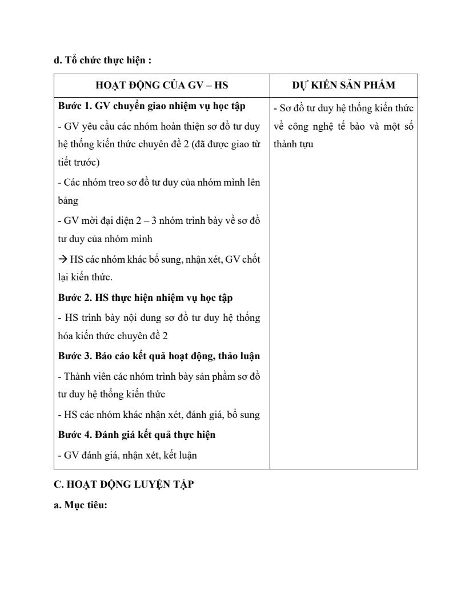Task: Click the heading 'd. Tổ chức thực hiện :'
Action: point(102,59)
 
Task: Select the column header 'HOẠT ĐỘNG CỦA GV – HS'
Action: point(162,85)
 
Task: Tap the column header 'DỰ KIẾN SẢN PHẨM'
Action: point(343,85)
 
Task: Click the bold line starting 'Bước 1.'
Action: point(151,106)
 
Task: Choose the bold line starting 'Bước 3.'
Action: point(159,356)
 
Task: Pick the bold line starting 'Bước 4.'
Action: point(137,435)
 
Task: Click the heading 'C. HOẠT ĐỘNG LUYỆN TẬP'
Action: point(123,484)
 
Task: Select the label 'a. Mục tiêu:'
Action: point(81,504)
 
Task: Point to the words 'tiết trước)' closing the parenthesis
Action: point(79,163)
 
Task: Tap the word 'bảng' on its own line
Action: point(68,201)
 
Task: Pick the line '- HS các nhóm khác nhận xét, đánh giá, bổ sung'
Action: point(159,415)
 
